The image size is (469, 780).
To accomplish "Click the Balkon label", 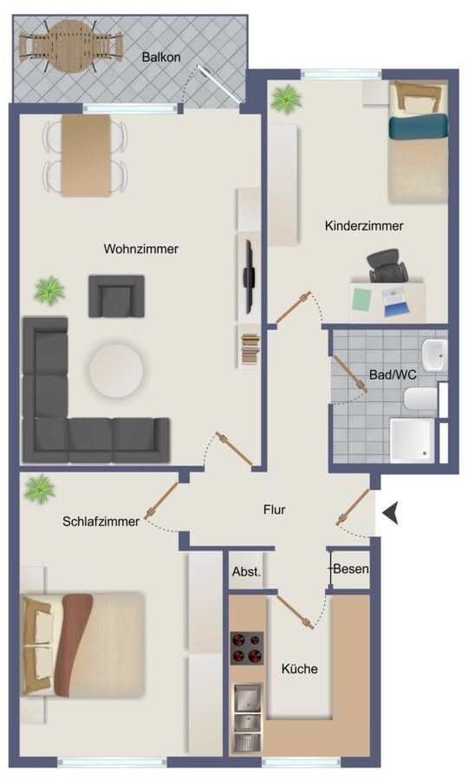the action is (x=161, y=56).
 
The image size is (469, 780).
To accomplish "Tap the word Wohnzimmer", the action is (x=140, y=249).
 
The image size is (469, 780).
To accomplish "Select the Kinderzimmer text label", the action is (x=364, y=225).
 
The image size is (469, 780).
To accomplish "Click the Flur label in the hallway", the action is (x=275, y=510).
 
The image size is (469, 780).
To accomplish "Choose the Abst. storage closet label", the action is (x=247, y=572).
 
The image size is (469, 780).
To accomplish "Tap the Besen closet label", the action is (x=351, y=569).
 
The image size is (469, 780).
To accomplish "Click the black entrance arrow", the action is (x=391, y=513).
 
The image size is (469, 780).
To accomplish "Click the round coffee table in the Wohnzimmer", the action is (x=116, y=370).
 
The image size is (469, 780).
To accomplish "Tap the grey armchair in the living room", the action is (x=116, y=296).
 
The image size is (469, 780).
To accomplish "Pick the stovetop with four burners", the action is (x=247, y=648).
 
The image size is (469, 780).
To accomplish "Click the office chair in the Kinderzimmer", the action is (x=388, y=266).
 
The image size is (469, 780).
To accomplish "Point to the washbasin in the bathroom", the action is (x=434, y=355).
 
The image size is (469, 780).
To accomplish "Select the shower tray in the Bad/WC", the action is (x=412, y=441).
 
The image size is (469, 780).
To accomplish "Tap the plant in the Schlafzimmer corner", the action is (x=40, y=489).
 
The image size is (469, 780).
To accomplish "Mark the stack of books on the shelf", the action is (x=251, y=350).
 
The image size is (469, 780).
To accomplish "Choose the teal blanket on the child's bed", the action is (x=418, y=127).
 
